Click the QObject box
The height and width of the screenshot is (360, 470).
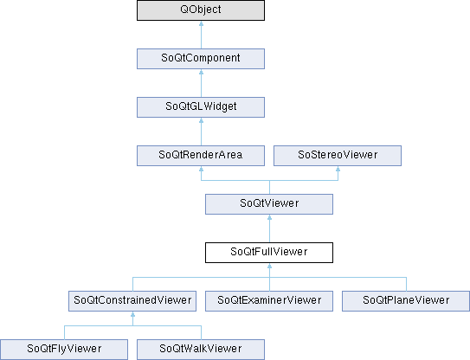(201, 10)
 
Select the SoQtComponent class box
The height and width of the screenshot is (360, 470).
(201, 59)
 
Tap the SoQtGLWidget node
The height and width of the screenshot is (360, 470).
(201, 107)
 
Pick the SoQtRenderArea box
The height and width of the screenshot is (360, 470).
(201, 156)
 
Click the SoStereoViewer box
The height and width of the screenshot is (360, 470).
(338, 156)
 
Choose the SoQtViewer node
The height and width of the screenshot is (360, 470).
(269, 204)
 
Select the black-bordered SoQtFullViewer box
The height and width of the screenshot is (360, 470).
(269, 253)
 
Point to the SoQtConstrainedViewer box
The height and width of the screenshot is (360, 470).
(132, 301)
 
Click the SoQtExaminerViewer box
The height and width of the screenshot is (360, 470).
(269, 301)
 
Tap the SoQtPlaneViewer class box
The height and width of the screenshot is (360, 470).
(406, 301)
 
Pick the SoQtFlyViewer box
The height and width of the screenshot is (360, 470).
(64, 350)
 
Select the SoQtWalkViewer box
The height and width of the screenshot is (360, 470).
(201, 350)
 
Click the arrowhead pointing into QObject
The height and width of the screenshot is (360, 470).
(201, 23)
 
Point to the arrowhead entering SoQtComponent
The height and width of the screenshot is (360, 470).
(201, 72)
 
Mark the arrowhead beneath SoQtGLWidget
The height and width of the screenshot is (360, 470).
(201, 120)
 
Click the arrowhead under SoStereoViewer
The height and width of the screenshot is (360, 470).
(338, 169)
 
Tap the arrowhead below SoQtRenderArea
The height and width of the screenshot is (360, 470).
(201, 169)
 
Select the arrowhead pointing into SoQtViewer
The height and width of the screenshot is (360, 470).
(269, 217)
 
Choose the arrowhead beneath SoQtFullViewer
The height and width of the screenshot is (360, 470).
(269, 266)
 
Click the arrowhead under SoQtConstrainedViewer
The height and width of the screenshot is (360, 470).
(132, 314)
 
